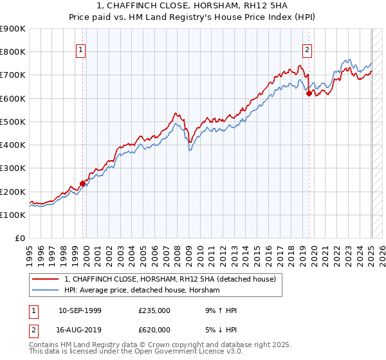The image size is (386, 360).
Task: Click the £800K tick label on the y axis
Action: tap(13, 52)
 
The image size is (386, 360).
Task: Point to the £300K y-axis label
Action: tap(13, 168)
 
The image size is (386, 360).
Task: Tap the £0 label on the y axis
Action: tap(21, 239)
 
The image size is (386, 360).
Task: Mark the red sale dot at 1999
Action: tap(83, 183)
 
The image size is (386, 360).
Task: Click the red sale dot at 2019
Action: tap(309, 93)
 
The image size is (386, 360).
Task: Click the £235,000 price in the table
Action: tap(154, 310)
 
